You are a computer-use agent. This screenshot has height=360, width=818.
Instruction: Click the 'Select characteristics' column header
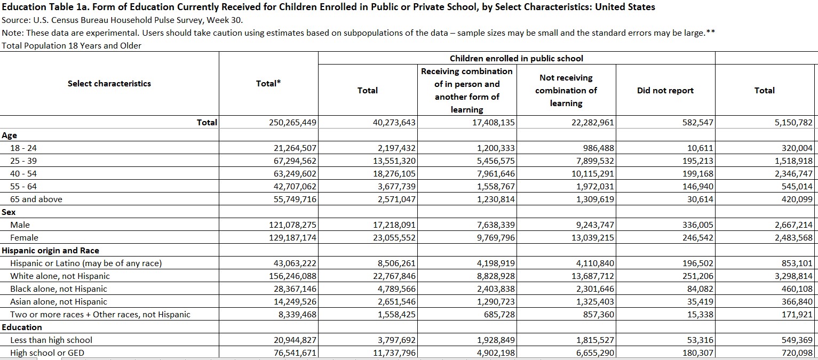click(x=109, y=84)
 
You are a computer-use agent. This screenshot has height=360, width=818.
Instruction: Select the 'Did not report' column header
click(x=665, y=91)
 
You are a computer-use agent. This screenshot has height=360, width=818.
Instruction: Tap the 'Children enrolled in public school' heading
click(x=516, y=58)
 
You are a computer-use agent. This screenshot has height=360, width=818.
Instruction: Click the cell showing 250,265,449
click(x=292, y=123)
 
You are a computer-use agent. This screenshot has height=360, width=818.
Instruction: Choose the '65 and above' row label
click(x=36, y=199)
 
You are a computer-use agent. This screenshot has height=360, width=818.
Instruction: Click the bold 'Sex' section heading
click(x=9, y=212)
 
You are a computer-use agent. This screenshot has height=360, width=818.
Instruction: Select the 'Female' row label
click(x=24, y=238)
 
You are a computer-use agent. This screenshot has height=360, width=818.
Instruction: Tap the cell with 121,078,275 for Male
click(x=292, y=225)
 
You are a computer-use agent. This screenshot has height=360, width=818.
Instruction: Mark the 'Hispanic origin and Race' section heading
click(x=51, y=251)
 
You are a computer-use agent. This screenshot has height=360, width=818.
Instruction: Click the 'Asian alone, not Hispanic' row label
click(x=59, y=302)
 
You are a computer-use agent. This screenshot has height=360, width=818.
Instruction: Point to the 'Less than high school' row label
click(x=51, y=340)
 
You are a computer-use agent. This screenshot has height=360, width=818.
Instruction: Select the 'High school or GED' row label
click(x=47, y=353)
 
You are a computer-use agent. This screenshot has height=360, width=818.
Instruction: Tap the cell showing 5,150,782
click(x=793, y=123)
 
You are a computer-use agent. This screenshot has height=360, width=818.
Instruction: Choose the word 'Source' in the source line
click(x=16, y=20)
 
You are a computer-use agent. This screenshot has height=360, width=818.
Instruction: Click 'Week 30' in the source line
click(x=227, y=20)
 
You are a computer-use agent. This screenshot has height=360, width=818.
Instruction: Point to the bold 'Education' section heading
click(x=22, y=327)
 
